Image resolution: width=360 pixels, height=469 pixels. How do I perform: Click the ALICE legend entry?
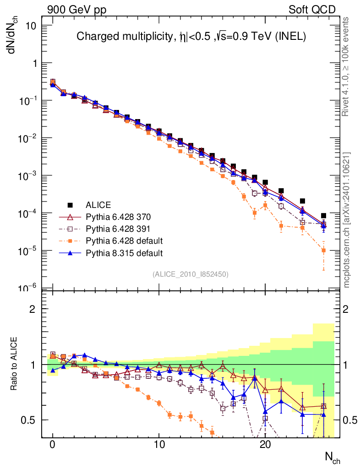coord(98,205)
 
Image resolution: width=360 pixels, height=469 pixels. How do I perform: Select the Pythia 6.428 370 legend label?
coord(118,217)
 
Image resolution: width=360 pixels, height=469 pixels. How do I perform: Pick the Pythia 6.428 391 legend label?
coord(118,229)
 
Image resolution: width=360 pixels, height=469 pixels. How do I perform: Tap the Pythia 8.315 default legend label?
coord(125,252)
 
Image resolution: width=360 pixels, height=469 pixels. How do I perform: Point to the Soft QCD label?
coord(312,10)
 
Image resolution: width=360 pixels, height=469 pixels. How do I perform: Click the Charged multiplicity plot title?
coord(191,36)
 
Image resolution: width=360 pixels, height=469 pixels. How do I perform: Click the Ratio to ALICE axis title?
coord(14,364)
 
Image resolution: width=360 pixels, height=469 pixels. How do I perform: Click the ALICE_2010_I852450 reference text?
coord(191,274)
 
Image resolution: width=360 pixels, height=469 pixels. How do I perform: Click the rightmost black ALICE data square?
coord(323,215)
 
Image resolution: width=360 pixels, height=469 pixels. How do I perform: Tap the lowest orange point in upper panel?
coord(323,251)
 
